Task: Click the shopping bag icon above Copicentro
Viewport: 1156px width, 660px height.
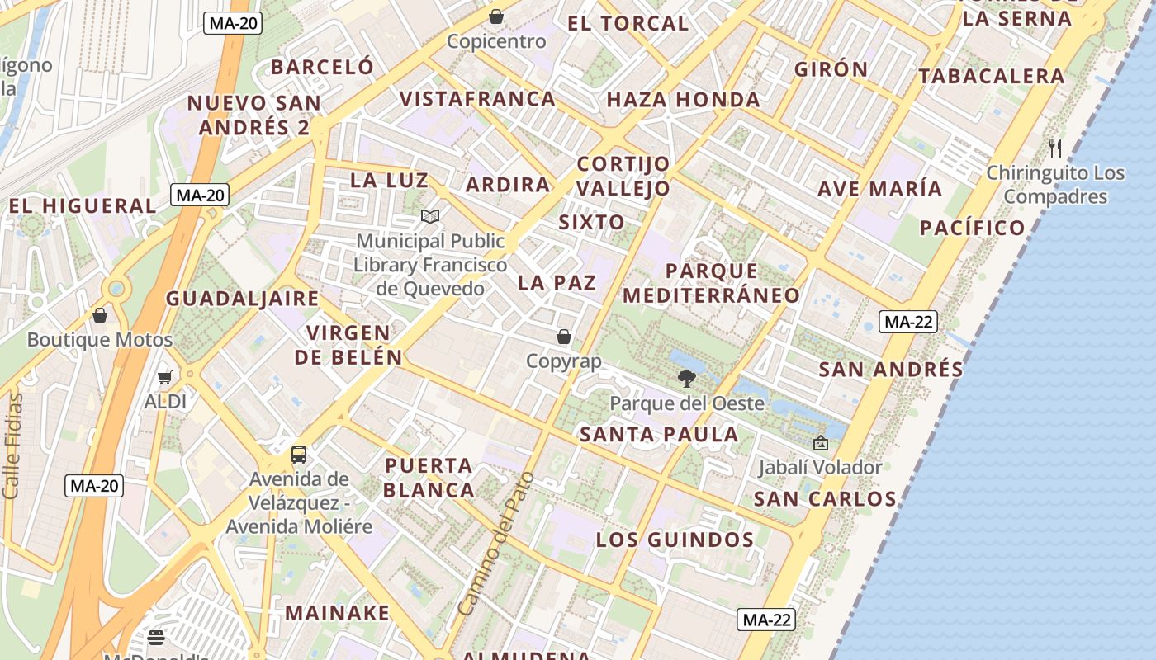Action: tap(496, 16)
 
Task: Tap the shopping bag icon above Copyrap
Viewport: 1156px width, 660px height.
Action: tap(564, 337)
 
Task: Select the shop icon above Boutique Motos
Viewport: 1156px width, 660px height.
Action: tap(100, 315)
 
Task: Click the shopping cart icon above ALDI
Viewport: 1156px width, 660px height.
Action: tap(164, 377)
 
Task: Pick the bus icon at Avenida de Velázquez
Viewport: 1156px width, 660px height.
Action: tap(299, 454)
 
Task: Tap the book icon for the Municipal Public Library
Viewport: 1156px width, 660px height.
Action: tap(429, 216)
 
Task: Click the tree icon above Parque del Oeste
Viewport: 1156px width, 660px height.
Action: tap(685, 379)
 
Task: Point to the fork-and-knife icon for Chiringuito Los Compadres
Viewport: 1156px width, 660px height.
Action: tap(1054, 148)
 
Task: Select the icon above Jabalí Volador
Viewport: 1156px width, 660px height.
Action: tap(820, 443)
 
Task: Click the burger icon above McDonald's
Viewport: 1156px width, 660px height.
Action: tap(156, 637)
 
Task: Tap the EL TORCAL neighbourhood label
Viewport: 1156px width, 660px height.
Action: tap(628, 23)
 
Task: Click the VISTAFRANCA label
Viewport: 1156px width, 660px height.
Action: tap(477, 99)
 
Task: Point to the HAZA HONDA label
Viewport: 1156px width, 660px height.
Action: tap(683, 100)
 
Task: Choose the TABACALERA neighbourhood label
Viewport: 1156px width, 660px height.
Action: tap(991, 76)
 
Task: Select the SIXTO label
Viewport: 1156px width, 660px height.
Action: tap(591, 222)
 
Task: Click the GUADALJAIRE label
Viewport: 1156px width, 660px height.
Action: tap(242, 299)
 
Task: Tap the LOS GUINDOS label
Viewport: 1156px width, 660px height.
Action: tap(675, 540)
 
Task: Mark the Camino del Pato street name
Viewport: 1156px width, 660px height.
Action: tap(496, 544)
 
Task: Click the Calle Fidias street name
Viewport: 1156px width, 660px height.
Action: tap(12, 446)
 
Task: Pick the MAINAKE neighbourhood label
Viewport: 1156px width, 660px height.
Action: tap(337, 613)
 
